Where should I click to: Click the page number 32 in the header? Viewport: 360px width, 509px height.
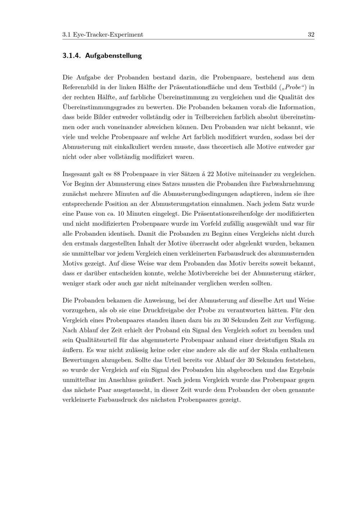[x=311, y=35]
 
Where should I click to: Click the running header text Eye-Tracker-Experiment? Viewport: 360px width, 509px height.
[x=108, y=35]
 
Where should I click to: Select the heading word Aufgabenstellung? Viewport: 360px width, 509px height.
[x=113, y=56]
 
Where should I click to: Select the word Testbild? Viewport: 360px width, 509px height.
[x=265, y=87]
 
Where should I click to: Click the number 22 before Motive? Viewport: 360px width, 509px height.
[x=211, y=174]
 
